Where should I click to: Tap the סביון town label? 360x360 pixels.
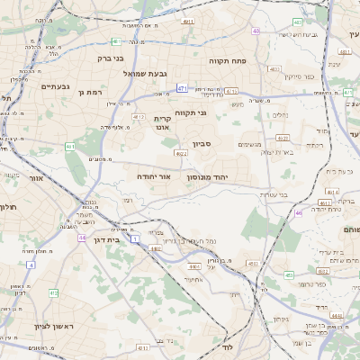coord(201,143)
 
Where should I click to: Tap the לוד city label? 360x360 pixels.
coord(227,346)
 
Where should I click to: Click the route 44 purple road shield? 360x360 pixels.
coord(82,238)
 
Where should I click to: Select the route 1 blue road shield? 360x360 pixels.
coord(135,239)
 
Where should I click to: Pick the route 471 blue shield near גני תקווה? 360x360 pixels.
coord(183,88)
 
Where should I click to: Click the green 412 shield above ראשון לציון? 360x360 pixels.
coord(54,293)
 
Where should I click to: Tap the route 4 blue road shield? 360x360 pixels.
coord(31,265)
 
